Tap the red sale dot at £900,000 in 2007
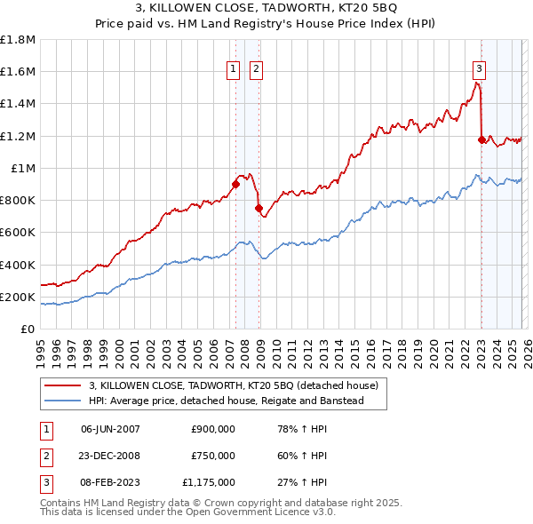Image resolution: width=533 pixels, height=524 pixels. point(235,185)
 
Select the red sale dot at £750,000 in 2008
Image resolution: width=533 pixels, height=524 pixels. point(259,209)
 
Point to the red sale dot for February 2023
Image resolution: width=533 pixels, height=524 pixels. point(481,139)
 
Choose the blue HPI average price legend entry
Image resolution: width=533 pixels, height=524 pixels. point(238,401)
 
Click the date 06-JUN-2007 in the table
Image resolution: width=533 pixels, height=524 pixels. point(110,429)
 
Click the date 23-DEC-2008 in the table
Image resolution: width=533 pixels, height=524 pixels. point(110,456)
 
